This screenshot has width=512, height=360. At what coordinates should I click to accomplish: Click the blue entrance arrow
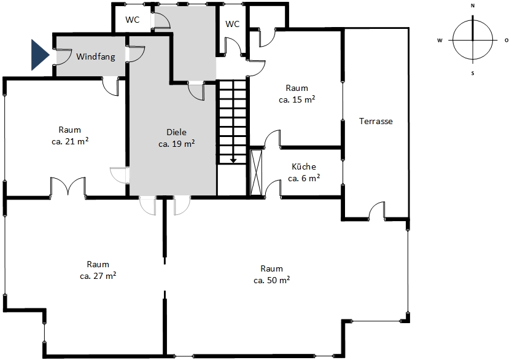(x=40, y=55)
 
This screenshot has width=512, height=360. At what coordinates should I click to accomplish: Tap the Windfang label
(x=96, y=57)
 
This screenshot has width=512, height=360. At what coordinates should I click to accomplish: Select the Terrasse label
(x=376, y=121)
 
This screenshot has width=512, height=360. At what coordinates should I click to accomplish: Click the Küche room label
(x=304, y=166)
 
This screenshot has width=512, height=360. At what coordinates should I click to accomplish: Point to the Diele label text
(x=177, y=132)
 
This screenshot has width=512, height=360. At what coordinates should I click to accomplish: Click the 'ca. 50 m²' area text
(x=272, y=280)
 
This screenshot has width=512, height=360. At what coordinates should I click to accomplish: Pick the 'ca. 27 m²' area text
(x=98, y=276)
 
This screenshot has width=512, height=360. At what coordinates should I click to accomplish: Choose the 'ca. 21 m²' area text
(x=70, y=142)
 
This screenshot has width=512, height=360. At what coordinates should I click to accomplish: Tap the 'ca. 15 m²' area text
(x=297, y=100)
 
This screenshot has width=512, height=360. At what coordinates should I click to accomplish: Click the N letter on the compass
(x=473, y=6)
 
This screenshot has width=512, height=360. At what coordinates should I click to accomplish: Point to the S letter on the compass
(x=473, y=74)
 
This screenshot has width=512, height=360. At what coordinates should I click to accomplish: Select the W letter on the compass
(x=440, y=41)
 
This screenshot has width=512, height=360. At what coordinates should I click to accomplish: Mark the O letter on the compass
(x=506, y=41)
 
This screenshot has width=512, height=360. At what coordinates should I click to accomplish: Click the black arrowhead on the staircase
(x=233, y=160)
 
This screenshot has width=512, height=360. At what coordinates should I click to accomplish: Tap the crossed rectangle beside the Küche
(x=256, y=173)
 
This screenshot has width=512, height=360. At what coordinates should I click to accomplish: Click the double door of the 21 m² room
(x=68, y=187)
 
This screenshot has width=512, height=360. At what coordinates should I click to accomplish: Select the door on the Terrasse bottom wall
(x=376, y=209)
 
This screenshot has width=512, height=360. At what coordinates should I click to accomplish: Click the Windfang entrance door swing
(x=63, y=57)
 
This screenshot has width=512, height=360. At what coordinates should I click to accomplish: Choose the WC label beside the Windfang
(x=132, y=20)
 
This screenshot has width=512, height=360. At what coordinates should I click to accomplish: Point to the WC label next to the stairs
(x=232, y=24)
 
